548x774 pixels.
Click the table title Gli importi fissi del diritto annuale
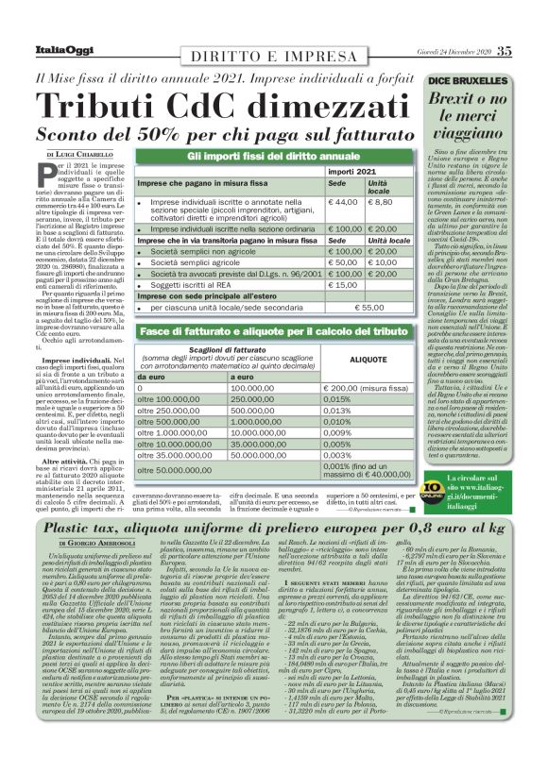pyautogui.click(x=273, y=154)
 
